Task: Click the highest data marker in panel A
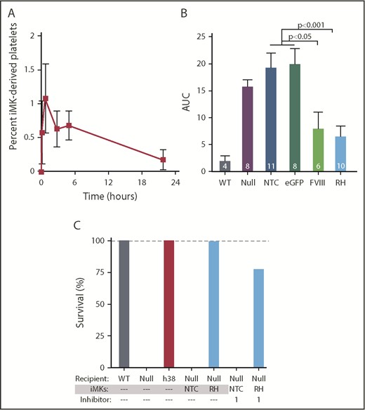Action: pos(45,99)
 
